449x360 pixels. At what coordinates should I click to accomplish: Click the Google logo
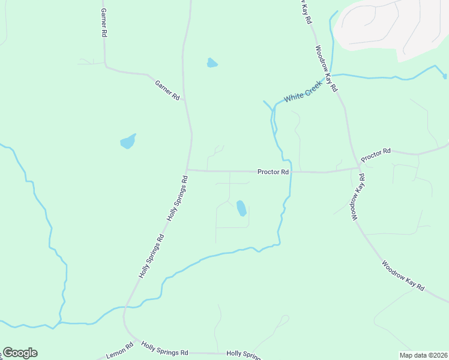pos(20,353)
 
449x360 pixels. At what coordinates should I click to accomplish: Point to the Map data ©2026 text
pos(423,355)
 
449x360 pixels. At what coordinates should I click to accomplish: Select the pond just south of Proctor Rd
pos(241,208)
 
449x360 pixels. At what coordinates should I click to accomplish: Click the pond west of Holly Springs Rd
pos(128,142)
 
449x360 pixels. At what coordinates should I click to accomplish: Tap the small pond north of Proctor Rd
pos(212,62)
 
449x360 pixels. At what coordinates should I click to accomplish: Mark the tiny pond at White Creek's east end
pos(444,76)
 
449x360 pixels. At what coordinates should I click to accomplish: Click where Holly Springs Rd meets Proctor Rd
pos(187,170)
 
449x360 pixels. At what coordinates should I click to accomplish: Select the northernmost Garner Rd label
pos(104,23)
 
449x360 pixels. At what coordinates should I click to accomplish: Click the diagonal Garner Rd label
pos(167,90)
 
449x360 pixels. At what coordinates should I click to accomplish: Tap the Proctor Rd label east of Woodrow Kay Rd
pos(376,154)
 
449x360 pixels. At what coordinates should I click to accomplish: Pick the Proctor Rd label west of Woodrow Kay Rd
pos(273,172)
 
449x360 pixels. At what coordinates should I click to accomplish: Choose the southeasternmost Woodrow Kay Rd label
pos(403,276)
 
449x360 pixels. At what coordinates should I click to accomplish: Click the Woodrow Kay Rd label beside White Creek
pos(327,68)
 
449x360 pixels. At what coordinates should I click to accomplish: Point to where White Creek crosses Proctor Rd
pos(291,172)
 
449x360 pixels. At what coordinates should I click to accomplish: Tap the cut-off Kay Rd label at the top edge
pos(306,11)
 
